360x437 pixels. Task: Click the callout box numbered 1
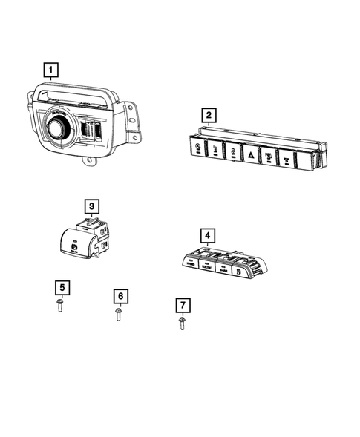[x=50, y=71]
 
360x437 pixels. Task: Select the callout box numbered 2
[x=210, y=115]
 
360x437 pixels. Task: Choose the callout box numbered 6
[x=119, y=296]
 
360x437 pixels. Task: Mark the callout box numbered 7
[x=180, y=305]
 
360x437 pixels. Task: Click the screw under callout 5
[x=59, y=306]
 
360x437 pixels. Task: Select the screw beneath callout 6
[x=119, y=315]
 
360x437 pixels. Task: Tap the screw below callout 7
[x=181, y=323]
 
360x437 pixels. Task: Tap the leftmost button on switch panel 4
[x=190, y=262]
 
